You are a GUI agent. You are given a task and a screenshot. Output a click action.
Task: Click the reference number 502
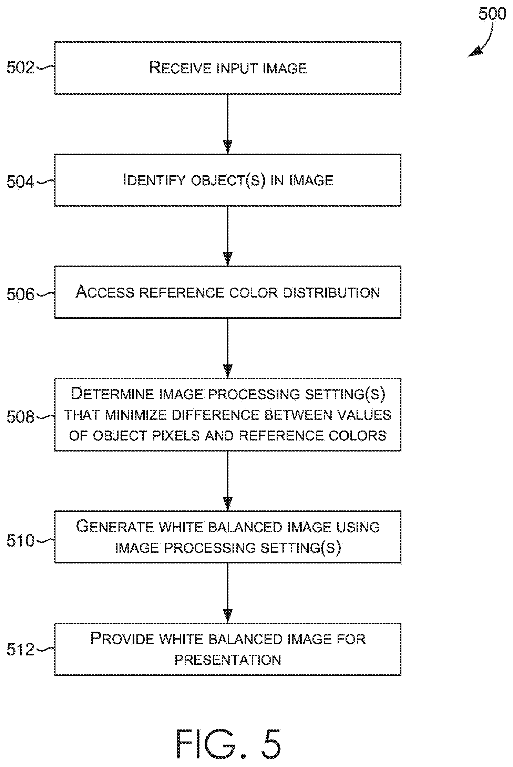[x=21, y=68]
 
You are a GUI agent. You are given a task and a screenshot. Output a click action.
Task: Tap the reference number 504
[x=21, y=182]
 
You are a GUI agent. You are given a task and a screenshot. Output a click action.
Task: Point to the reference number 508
[x=21, y=417]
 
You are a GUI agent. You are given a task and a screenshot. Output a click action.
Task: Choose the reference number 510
[x=21, y=540]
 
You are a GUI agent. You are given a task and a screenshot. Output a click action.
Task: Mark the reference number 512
[x=21, y=650]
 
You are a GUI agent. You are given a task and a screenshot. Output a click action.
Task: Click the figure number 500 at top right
[x=492, y=14]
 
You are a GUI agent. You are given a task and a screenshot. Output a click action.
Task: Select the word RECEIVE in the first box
[x=180, y=68]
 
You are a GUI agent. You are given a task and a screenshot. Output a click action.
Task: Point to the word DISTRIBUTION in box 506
[x=331, y=293]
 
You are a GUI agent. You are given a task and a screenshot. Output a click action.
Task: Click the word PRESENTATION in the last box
[x=228, y=660]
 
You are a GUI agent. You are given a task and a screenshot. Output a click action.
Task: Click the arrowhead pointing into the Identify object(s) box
[x=228, y=146]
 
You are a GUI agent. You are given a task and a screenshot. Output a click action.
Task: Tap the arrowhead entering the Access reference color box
[x=228, y=259]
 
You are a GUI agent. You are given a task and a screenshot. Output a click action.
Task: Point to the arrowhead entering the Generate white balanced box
[x=228, y=504]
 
